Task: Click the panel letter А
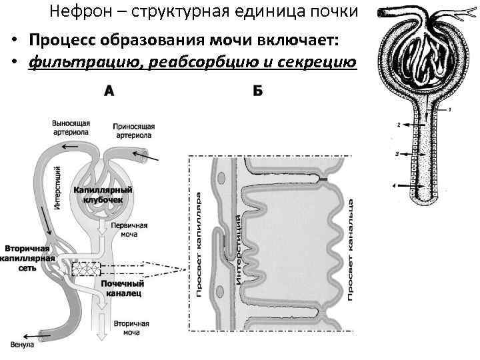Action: (108, 91)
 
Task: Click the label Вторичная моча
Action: (131, 328)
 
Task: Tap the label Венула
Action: (23, 344)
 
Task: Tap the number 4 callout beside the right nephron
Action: (395, 185)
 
